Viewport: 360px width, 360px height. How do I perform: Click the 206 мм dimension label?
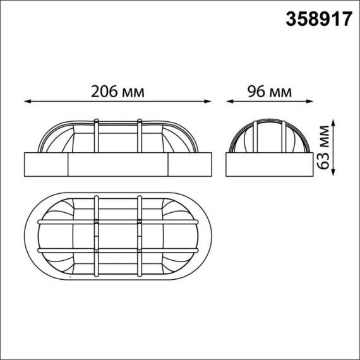(118, 92)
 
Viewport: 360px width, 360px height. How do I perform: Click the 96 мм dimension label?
(268, 92)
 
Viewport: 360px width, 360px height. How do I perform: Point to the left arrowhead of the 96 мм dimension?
(229, 100)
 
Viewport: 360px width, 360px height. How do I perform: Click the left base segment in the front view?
(45, 164)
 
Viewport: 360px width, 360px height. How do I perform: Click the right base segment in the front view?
(190, 164)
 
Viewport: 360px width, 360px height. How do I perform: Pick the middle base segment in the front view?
(117, 164)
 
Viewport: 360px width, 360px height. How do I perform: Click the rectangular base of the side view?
(269, 164)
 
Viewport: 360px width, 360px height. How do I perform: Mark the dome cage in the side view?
(269, 136)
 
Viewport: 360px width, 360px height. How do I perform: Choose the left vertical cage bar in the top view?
(96, 237)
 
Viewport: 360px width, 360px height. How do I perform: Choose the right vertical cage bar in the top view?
(139, 237)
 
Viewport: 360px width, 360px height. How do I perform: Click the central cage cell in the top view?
(117, 237)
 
